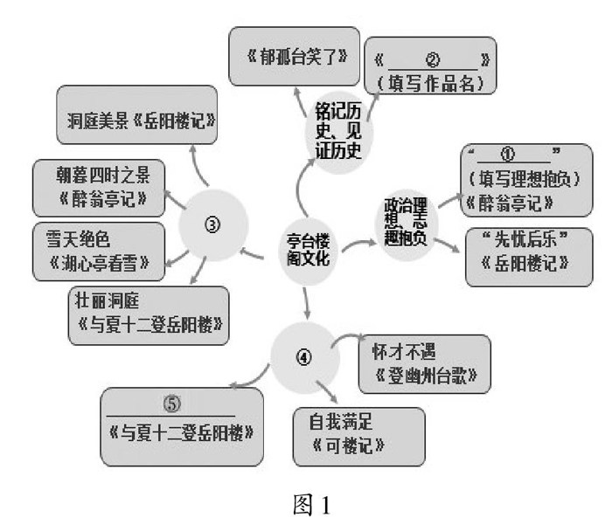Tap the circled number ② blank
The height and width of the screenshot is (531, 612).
431,62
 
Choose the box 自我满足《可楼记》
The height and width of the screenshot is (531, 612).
358,433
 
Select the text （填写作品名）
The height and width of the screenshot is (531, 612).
430,83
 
